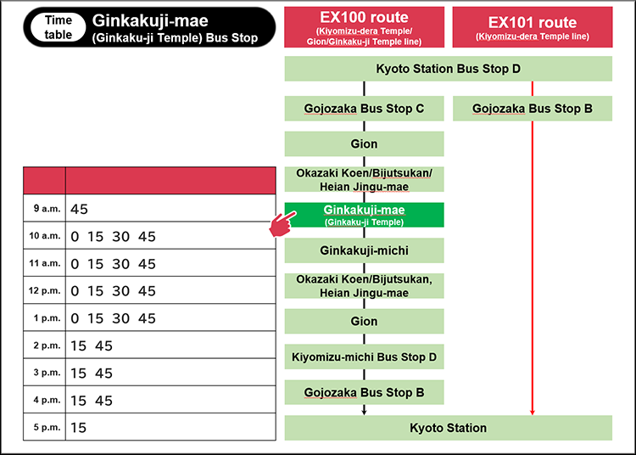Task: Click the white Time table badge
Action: pyautogui.click(x=59, y=27)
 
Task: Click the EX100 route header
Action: pyautogui.click(x=365, y=27)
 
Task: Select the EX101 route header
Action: pyautogui.click(x=533, y=27)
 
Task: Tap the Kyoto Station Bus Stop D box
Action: pyautogui.click(x=449, y=69)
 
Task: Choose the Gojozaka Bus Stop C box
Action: pyautogui.click(x=365, y=109)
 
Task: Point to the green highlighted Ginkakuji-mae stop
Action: pyautogui.click(x=365, y=215)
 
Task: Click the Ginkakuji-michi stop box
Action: pyautogui.click(x=365, y=250)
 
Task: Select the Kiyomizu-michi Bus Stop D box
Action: pyautogui.click(x=365, y=357)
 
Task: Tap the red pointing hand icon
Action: pyautogui.click(x=282, y=223)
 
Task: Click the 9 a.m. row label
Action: pyautogui.click(x=47, y=209)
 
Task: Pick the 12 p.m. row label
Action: pyautogui.click(x=45, y=290)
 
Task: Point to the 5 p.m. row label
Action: pyautogui.click(x=47, y=427)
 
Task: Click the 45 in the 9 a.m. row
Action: pyautogui.click(x=79, y=209)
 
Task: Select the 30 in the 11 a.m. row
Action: pyautogui.click(x=121, y=264)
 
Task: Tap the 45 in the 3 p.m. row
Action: pyautogui.click(x=103, y=373)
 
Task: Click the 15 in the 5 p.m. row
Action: pyautogui.click(x=78, y=428)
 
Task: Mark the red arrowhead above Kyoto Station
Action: pyautogui.click(x=533, y=413)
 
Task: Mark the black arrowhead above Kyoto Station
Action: pyautogui.click(x=365, y=413)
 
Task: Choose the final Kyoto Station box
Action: pyautogui.click(x=449, y=428)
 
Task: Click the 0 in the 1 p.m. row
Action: pyautogui.click(x=75, y=318)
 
